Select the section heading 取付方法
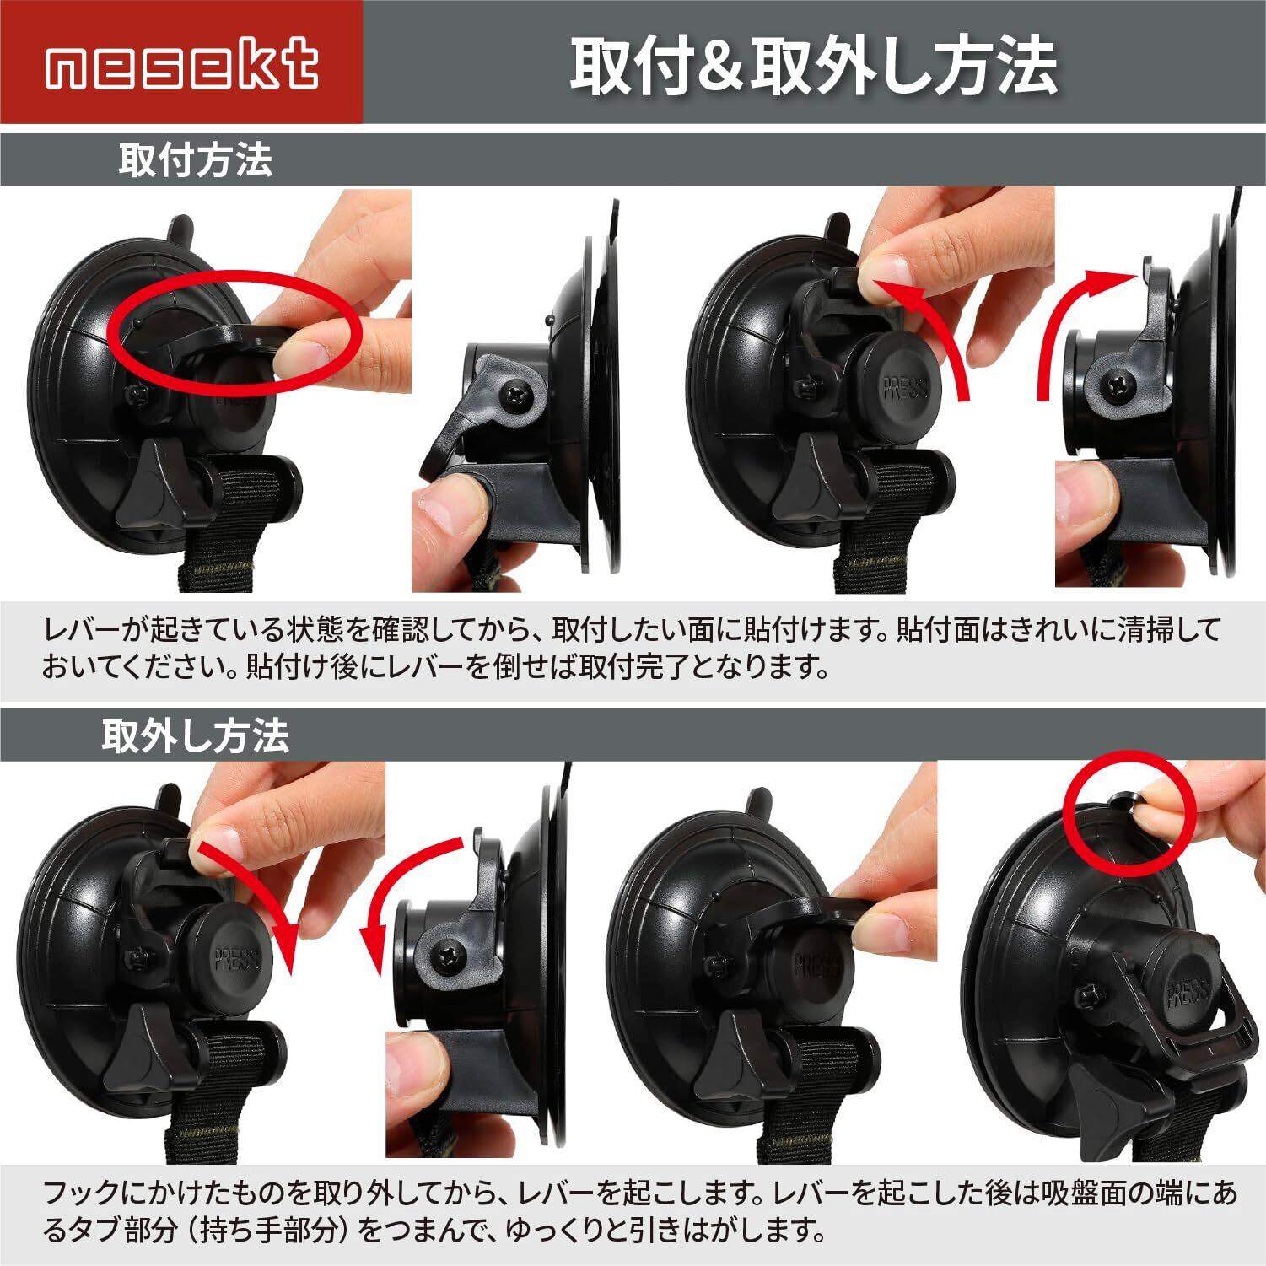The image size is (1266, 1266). (196, 159)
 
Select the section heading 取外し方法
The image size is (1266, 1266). (196, 735)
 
